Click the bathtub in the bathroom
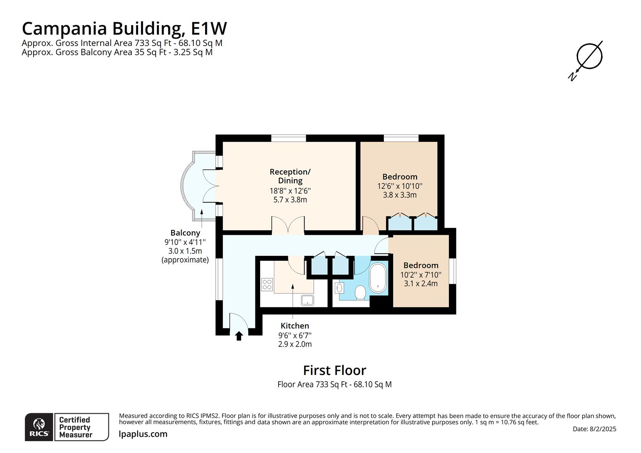[x=379, y=278]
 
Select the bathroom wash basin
[x=340, y=288]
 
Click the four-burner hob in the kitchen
[x=267, y=285]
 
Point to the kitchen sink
[x=307, y=300]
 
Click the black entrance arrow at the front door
[x=239, y=336]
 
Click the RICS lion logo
[x=39, y=427]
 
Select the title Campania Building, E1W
[x=124, y=29]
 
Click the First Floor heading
[x=334, y=370]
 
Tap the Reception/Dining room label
[x=290, y=176]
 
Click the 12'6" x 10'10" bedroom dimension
[x=400, y=186]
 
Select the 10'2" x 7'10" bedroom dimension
[x=421, y=275]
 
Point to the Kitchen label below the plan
[x=294, y=326]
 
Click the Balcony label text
[x=185, y=233]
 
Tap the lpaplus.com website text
[x=143, y=434]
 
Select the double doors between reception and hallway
[x=288, y=226]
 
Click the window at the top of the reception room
[x=288, y=138]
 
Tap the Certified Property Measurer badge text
[x=75, y=427]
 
